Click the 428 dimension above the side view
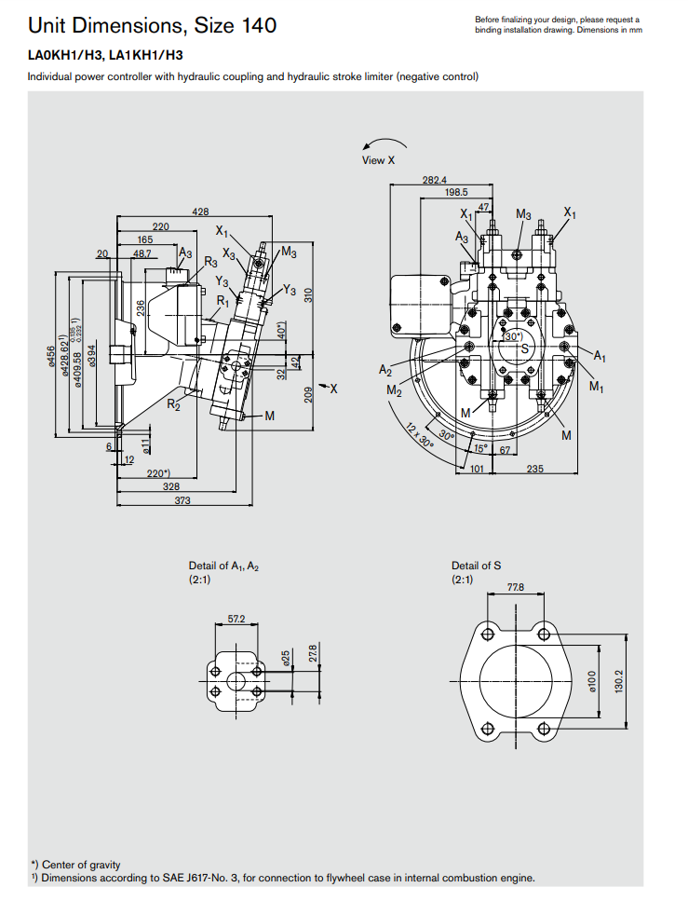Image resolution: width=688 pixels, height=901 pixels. point(200,212)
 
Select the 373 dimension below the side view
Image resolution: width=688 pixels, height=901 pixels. point(182,500)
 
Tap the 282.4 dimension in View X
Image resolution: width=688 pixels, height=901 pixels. point(435,180)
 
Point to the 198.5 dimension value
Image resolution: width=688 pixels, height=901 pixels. point(456,193)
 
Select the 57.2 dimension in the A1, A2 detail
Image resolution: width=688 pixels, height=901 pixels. point(236,619)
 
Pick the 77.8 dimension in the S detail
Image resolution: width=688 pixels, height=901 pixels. point(516,587)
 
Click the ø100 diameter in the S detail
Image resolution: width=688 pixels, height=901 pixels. point(593,681)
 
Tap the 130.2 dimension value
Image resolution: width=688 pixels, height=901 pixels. point(619,681)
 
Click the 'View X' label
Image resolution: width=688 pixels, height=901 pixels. point(379,160)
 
